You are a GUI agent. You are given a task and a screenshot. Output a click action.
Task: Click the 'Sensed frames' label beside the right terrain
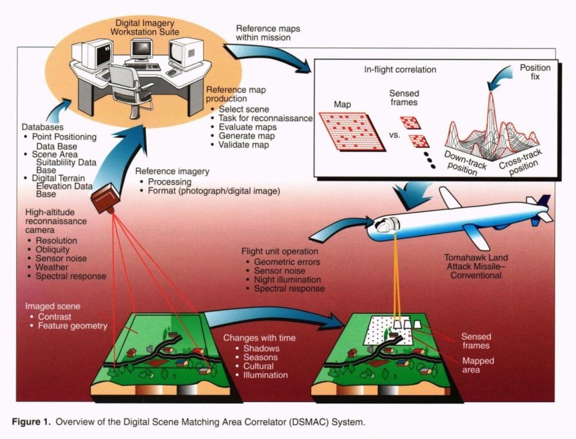coord(477,341)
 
